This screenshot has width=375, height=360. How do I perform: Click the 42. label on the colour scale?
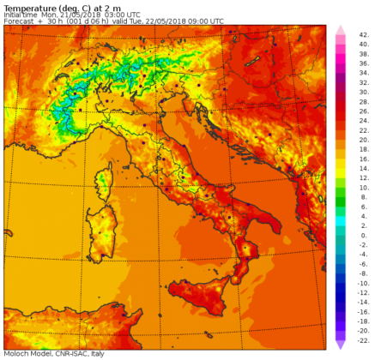point(363,33)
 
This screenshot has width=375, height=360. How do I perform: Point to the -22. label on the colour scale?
point(363,339)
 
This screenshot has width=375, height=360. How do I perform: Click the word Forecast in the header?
point(20,21)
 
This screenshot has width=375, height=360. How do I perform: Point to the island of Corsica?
point(105,182)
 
